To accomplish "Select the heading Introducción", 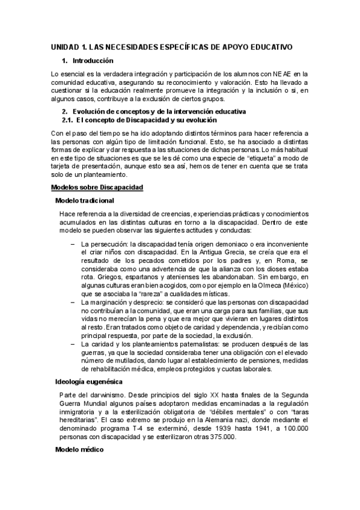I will [x=93, y=61].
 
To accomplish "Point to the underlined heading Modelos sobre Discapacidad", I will [x=97, y=188].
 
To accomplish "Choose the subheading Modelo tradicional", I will [x=85, y=200].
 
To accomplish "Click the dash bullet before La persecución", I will [x=73, y=244].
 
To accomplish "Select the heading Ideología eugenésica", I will [x=89, y=381].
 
